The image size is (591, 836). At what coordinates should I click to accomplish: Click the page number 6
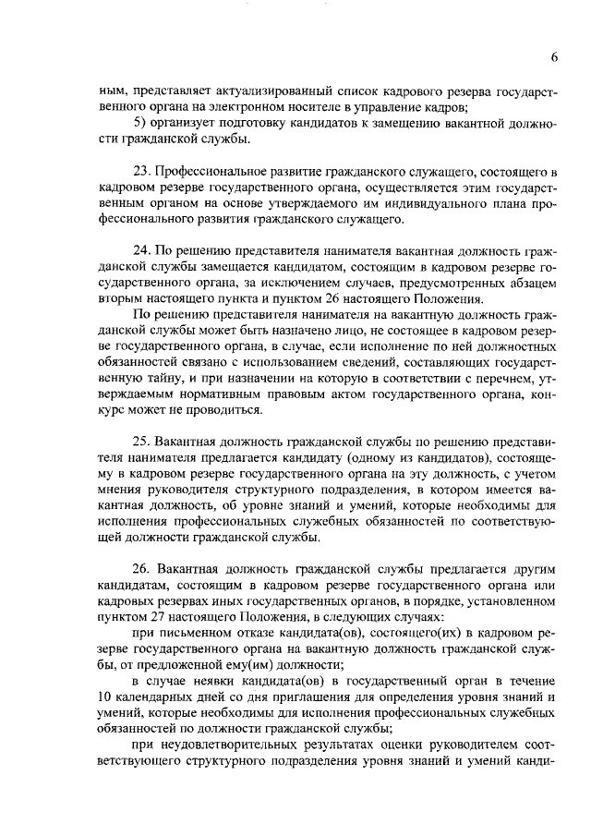(x=554, y=57)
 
